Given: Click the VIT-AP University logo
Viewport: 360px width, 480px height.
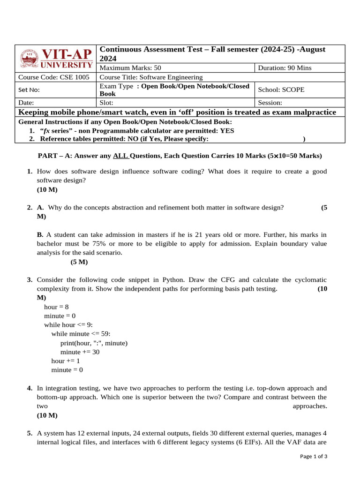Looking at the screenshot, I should [56, 59].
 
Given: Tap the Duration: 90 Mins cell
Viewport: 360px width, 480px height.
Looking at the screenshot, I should [285, 68].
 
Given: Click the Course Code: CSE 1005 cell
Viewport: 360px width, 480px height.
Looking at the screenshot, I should [53, 77].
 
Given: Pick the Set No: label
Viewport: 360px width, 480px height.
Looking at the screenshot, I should [29, 90].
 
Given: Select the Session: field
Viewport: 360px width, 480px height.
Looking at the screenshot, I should [270, 102].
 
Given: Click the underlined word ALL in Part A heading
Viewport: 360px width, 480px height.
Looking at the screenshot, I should [120, 156].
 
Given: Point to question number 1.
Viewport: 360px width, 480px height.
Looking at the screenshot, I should [30, 172].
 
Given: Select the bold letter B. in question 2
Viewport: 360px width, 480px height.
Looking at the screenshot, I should [40, 234].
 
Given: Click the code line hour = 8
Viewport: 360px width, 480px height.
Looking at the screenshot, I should [56, 307].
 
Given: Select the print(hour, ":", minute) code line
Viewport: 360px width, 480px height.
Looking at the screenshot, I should [94, 343].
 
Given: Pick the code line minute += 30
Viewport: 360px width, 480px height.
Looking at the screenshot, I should [80, 352].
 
